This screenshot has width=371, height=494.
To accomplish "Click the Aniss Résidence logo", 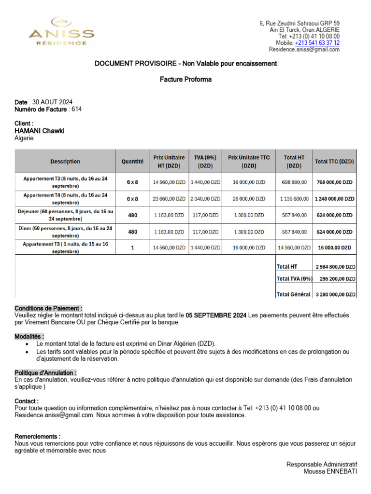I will click(x=61, y=32).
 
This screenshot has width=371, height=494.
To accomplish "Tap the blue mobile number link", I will click(x=317, y=43).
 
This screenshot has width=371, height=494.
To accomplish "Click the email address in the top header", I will click(x=304, y=50).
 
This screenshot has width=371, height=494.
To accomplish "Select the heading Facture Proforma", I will click(x=185, y=80).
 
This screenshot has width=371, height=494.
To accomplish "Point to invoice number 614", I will click(x=76, y=109).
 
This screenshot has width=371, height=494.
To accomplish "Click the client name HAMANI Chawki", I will click(x=39, y=131).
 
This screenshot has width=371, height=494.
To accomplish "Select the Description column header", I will click(x=65, y=162).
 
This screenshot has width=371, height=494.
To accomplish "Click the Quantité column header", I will click(x=132, y=162).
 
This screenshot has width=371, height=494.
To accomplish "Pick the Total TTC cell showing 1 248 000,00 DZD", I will click(x=334, y=198).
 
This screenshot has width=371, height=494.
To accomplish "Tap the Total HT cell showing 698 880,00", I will click(x=294, y=182).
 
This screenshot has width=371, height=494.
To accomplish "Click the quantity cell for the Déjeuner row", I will click(x=132, y=215).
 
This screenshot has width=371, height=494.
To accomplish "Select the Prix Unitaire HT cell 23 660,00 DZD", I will click(x=169, y=198).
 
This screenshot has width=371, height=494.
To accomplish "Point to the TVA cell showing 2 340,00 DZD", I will click(x=205, y=198).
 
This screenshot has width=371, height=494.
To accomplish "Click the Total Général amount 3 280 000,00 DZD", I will click(x=336, y=294).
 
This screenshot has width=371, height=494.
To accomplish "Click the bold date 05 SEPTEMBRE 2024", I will click(x=216, y=316).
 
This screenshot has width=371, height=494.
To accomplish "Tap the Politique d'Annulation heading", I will click(x=45, y=373).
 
